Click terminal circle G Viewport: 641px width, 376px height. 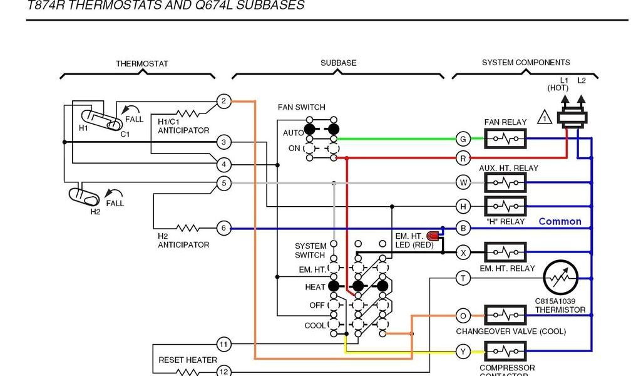pyautogui.click(x=463, y=139)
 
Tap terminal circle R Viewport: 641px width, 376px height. pyautogui.click(x=463, y=157)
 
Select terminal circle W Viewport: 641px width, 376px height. pyautogui.click(x=463, y=182)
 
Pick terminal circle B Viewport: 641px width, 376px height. pyautogui.click(x=463, y=229)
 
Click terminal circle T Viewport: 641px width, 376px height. pyautogui.click(x=463, y=278)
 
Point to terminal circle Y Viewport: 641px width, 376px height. pyautogui.click(x=463, y=352)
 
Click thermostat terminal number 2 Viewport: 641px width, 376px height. pyautogui.click(x=224, y=101)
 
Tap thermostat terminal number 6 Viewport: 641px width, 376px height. pyautogui.click(x=224, y=229)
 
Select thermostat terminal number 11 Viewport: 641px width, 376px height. pyautogui.click(x=224, y=344)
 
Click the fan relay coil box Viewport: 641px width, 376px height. pyautogui.click(x=506, y=138)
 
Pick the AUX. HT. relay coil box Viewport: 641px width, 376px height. pyautogui.click(x=506, y=182)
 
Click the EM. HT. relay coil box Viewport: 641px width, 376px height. pyautogui.click(x=506, y=253)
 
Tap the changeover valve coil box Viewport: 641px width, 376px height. pyautogui.click(x=506, y=315)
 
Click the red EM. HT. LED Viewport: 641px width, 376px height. pyautogui.click(x=433, y=236)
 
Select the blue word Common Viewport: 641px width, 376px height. pyautogui.click(x=560, y=221)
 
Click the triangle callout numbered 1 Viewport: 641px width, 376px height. pyautogui.click(x=545, y=118)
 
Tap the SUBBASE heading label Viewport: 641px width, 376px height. pyautogui.click(x=339, y=63)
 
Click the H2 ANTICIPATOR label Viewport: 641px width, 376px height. pyautogui.click(x=183, y=241)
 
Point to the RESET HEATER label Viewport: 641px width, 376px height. pyautogui.click(x=188, y=360)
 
